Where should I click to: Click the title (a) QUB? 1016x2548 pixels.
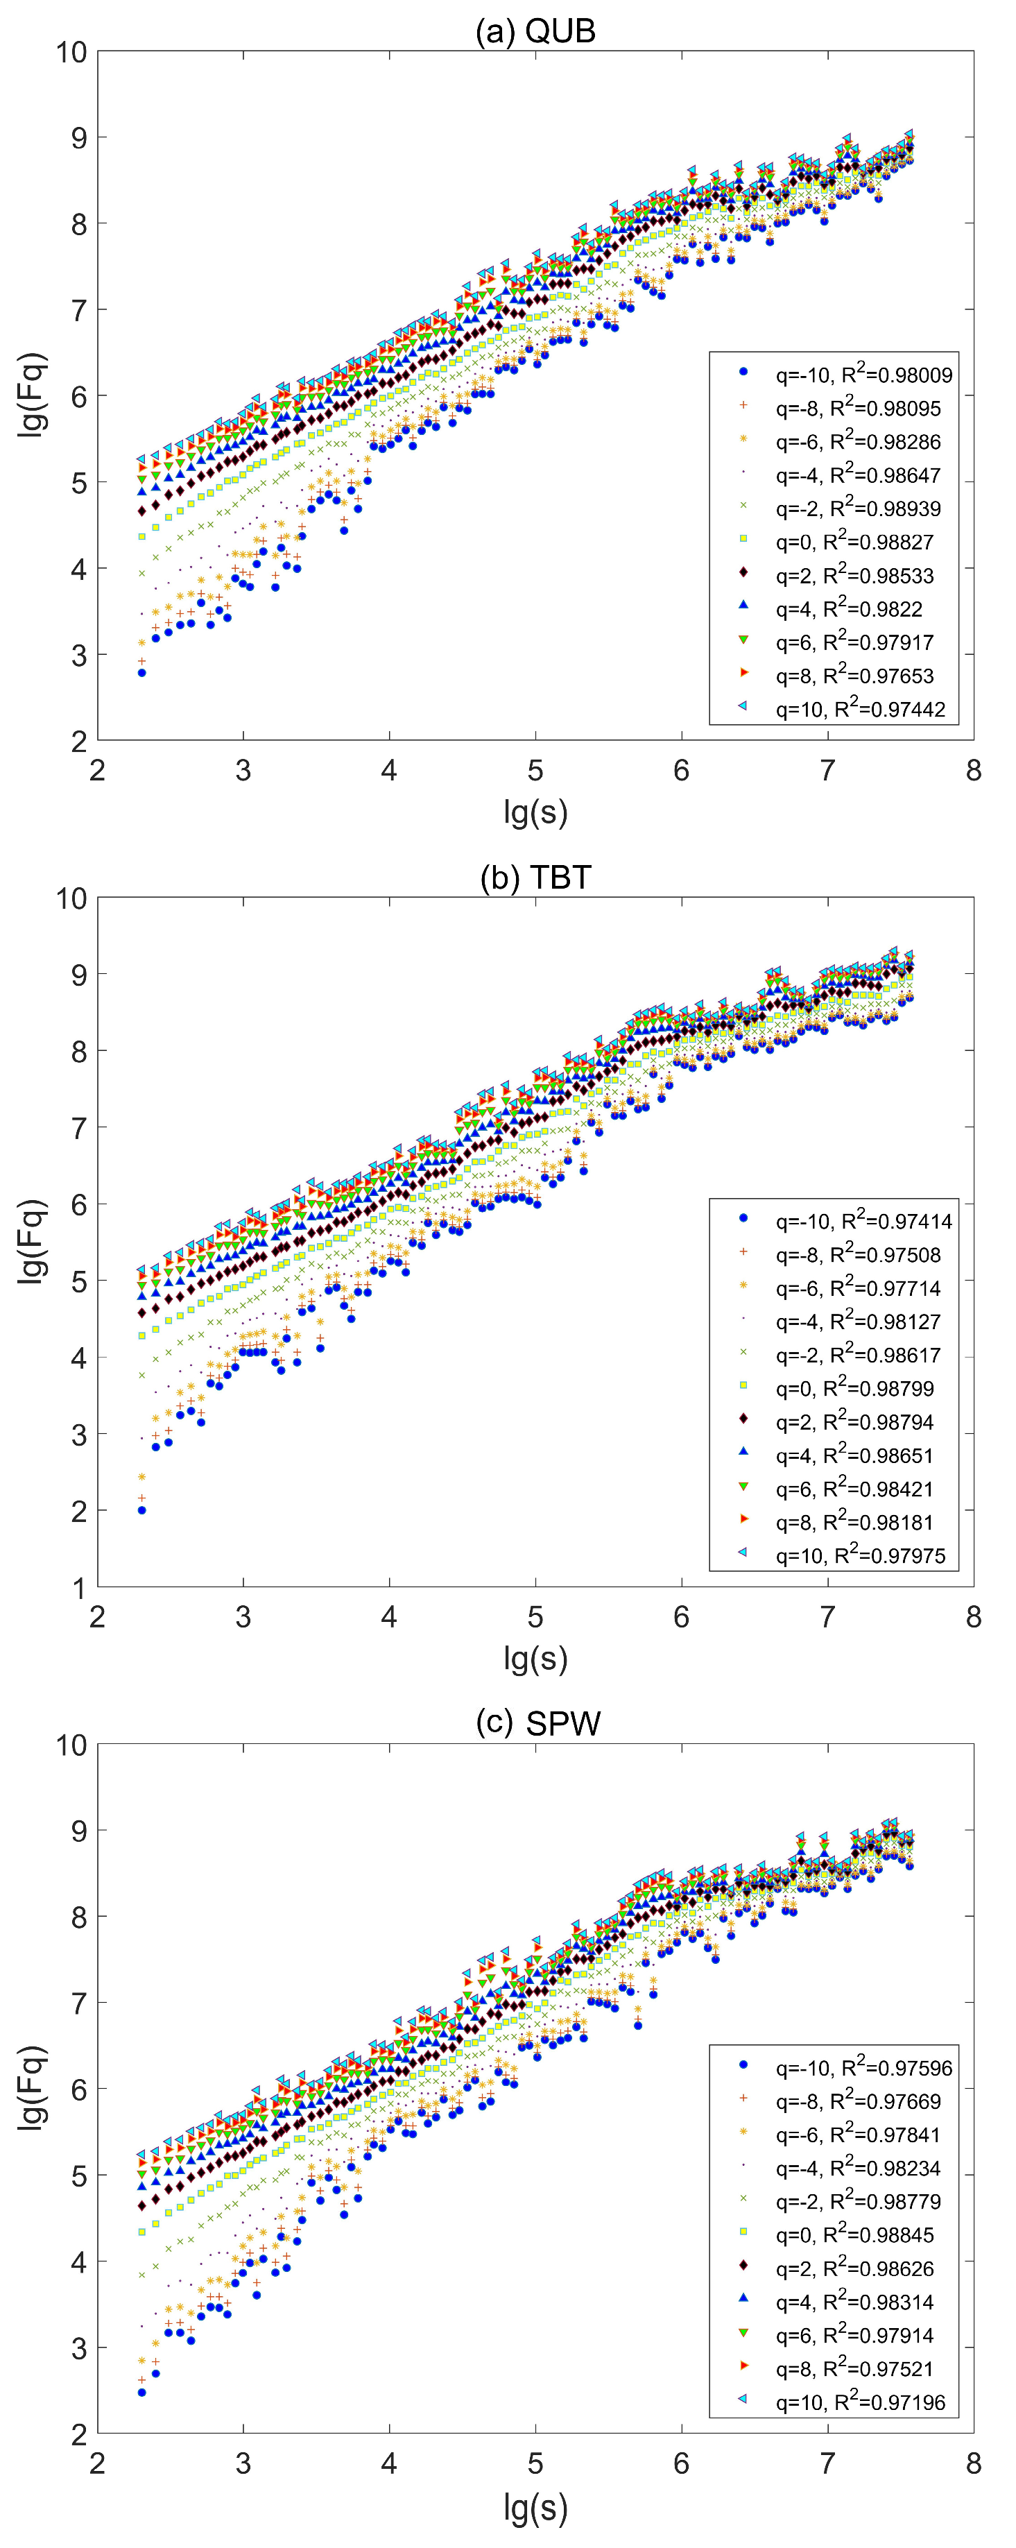pyautogui.click(x=535, y=32)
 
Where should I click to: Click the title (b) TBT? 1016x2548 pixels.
pyautogui.click(x=535, y=878)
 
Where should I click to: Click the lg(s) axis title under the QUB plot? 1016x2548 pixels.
pyautogui.click(x=535, y=812)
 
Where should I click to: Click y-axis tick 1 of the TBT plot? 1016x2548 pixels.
pyautogui.click(x=78, y=1587)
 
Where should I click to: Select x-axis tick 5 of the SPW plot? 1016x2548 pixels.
pyautogui.click(x=535, y=2464)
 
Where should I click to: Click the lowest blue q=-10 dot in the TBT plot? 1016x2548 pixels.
pyautogui.click(x=141, y=1510)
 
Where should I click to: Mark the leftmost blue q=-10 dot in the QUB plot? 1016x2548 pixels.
pyautogui.click(x=141, y=673)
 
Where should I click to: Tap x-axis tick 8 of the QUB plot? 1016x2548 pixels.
pyautogui.click(x=974, y=771)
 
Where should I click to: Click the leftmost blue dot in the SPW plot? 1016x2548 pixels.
pyautogui.click(x=141, y=2393)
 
